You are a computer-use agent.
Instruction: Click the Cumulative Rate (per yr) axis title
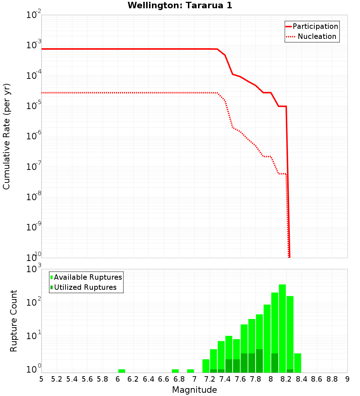pos(6,136)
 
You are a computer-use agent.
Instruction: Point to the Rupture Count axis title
pos(14,321)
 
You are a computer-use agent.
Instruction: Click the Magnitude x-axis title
pos(194,390)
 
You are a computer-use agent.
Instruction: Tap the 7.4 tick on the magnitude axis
pos(225,379)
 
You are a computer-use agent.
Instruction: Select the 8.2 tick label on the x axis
pos(286,379)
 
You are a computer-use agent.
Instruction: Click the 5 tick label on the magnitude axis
pos(41,379)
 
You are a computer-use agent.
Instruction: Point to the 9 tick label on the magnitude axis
pos(347,379)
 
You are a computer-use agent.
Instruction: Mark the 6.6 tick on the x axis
pos(164,379)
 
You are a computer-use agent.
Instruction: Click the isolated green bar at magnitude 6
pos(122,371)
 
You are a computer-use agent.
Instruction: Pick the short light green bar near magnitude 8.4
pos(298,363)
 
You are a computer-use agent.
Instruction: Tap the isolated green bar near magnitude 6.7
pos(175,371)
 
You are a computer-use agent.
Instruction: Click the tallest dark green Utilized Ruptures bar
pos(260,361)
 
